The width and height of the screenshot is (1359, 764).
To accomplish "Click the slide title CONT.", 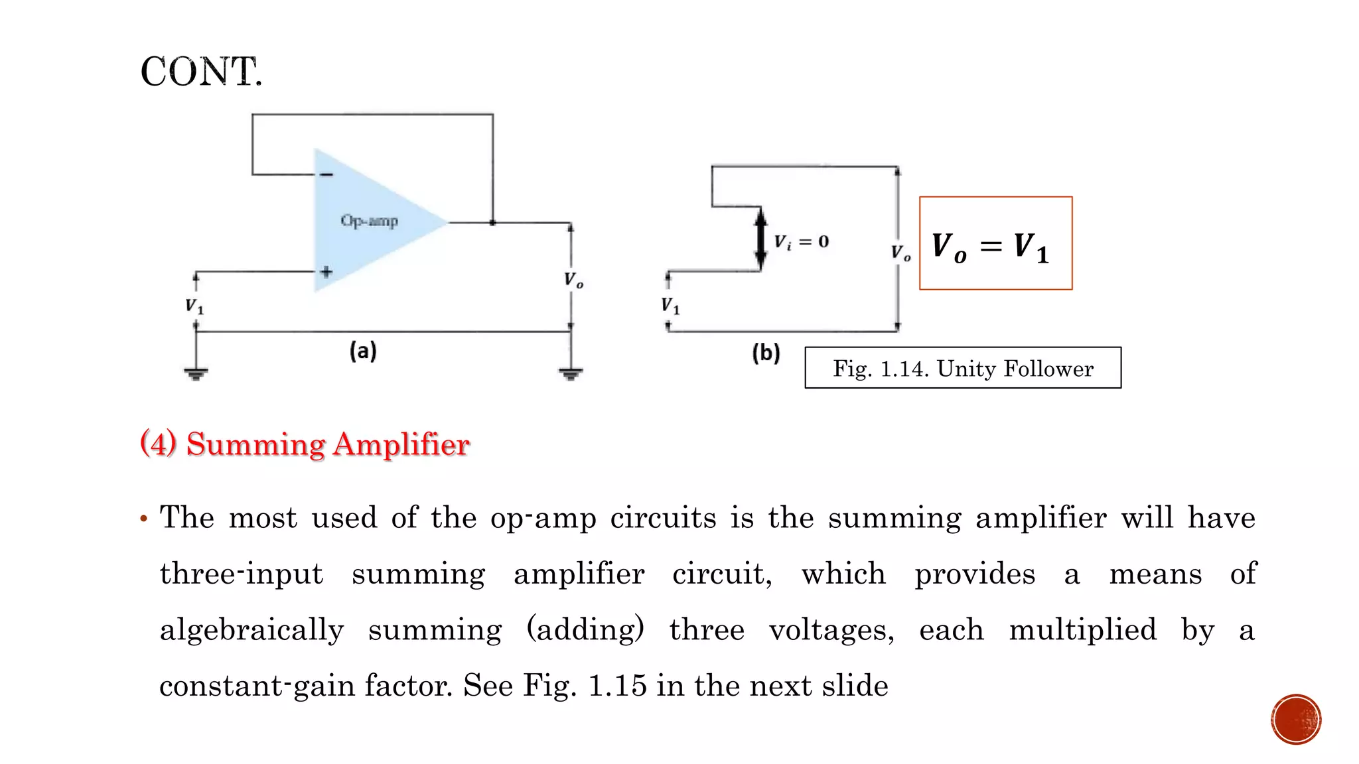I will pos(201,72).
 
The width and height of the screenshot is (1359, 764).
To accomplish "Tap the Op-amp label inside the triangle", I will pos(369,221).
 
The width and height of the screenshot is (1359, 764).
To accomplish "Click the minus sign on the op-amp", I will pos(326,174).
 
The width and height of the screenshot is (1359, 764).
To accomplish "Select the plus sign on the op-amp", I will pos(326,272).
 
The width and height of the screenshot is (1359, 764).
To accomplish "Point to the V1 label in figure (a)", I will pos(194,306).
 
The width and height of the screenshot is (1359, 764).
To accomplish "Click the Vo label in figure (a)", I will pos(573,280).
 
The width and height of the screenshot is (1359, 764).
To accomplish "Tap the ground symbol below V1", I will pos(196,373).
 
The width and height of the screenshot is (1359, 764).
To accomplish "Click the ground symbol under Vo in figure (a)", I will pos(571,373).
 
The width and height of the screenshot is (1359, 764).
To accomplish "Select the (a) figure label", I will pos(363,351).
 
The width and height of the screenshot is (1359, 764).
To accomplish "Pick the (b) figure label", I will pos(766,353).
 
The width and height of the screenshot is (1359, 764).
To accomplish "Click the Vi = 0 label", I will pos(802,242).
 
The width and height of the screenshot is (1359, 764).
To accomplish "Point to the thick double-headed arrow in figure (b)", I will pos(761,239).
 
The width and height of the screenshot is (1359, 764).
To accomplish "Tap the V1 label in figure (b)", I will pos(670,306).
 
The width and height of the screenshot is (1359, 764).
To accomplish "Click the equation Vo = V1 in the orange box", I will pos(991,247).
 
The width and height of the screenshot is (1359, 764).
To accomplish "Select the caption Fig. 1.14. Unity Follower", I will pos(963,368).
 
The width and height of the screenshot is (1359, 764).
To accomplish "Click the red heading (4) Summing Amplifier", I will pos(305,444).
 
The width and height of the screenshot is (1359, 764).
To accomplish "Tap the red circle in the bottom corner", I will pos(1296,720).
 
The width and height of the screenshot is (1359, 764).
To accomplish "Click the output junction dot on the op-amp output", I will pos(492,223).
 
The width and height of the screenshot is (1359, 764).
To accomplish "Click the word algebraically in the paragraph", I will pos(252,630).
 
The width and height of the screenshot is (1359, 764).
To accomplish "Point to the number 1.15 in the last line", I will pos(617,686).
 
